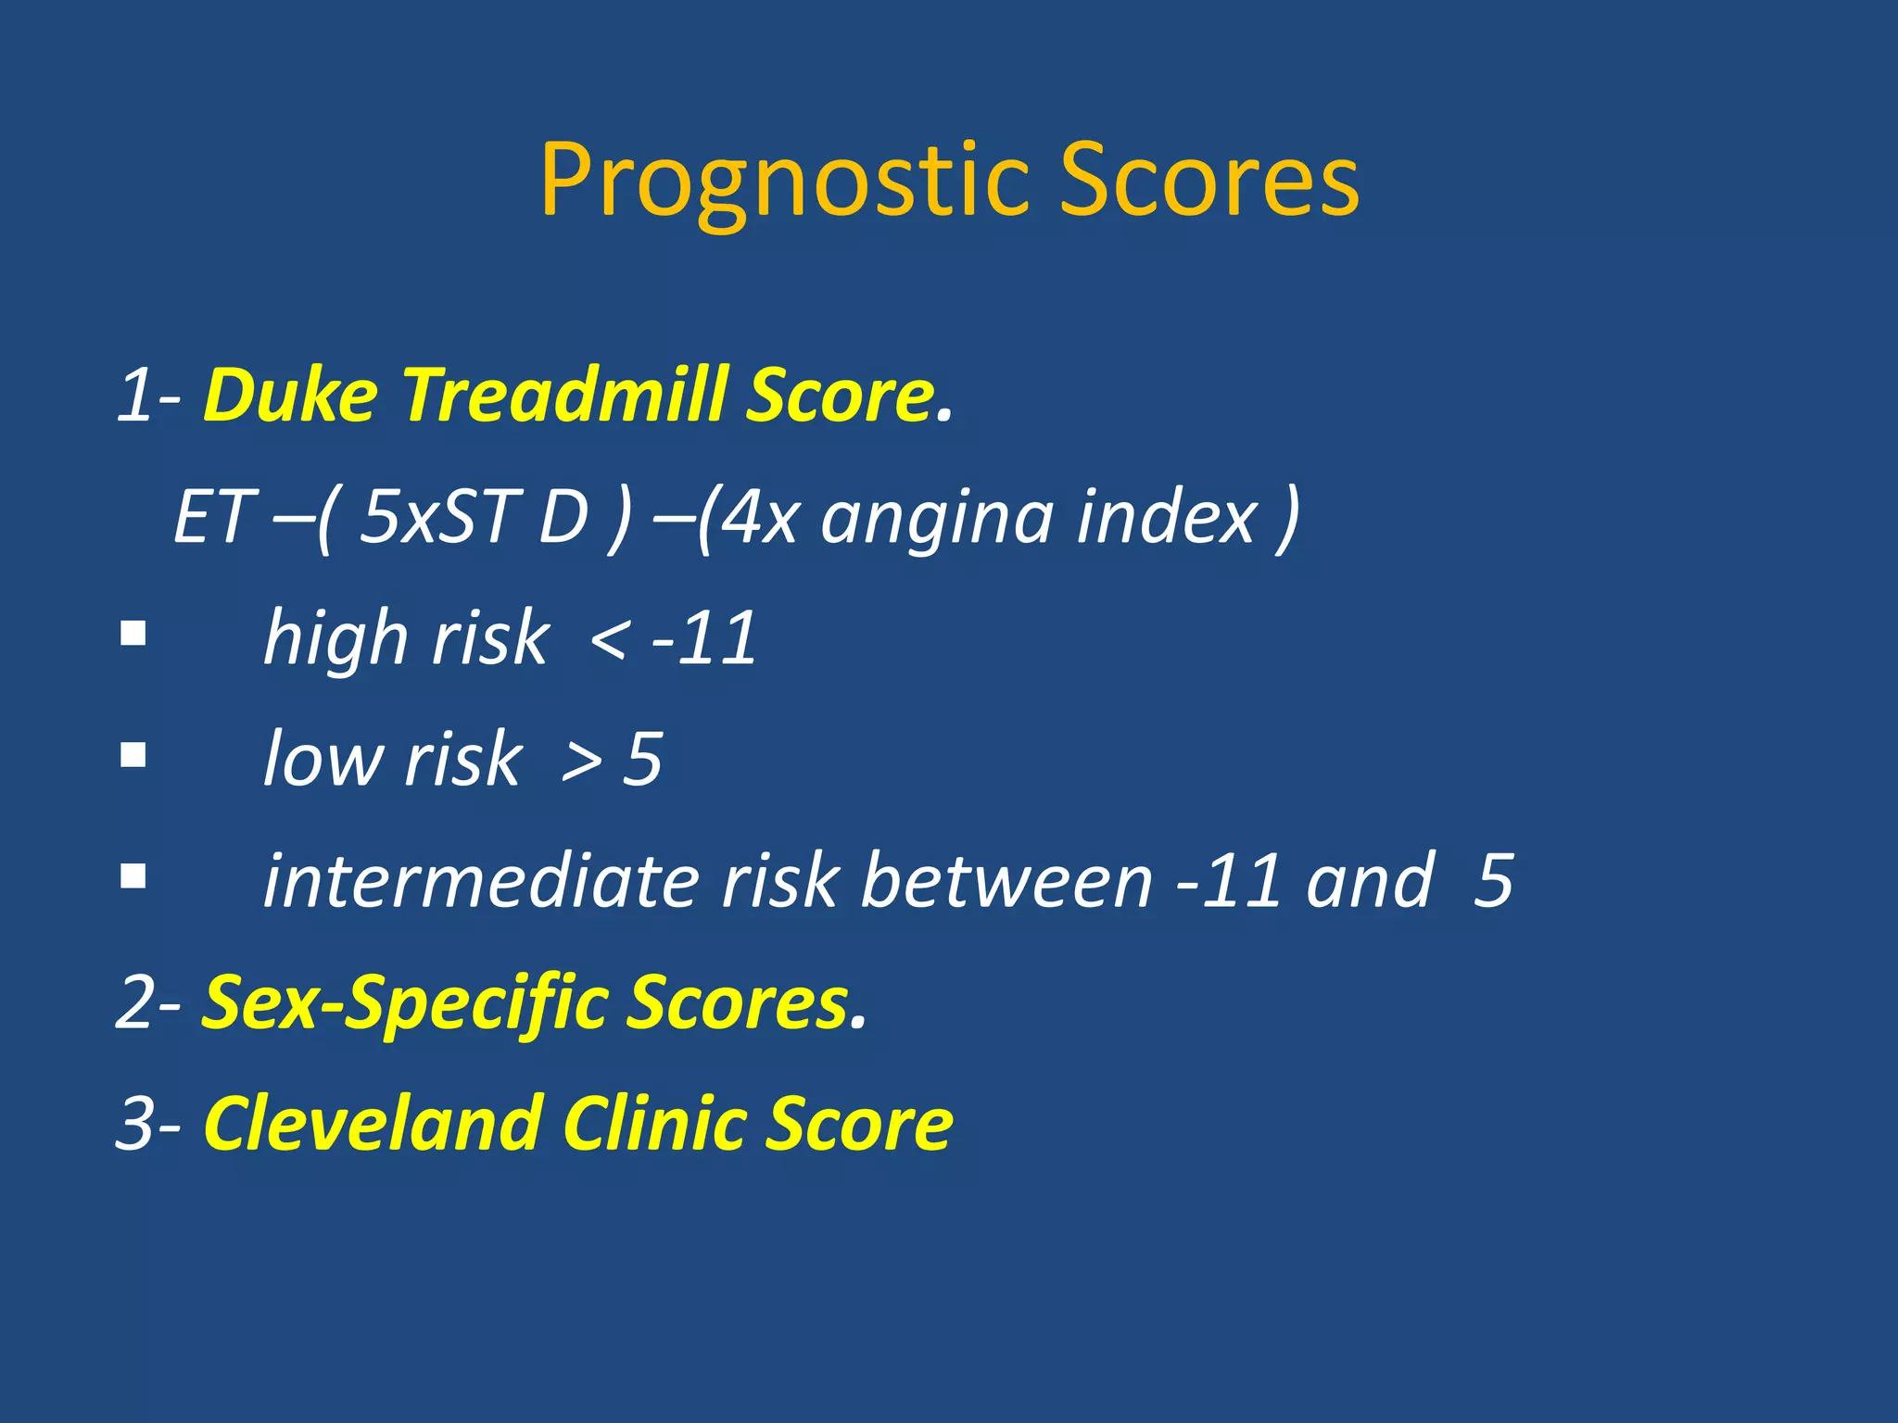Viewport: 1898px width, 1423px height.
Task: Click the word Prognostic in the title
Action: tap(784, 182)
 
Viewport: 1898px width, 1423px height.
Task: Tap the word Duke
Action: tap(290, 396)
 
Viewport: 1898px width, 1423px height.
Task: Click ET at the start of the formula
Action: tap(213, 517)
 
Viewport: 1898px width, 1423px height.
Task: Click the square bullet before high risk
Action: tap(133, 635)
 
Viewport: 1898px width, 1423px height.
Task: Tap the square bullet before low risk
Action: tap(133, 755)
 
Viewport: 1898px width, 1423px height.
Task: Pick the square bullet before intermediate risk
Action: tap(133, 875)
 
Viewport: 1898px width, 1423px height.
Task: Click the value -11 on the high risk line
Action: tap(704, 639)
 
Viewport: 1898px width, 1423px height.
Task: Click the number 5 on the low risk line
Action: tap(642, 760)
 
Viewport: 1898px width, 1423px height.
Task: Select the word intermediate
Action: tap(481, 880)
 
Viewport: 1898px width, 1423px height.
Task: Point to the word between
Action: tap(1006, 880)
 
